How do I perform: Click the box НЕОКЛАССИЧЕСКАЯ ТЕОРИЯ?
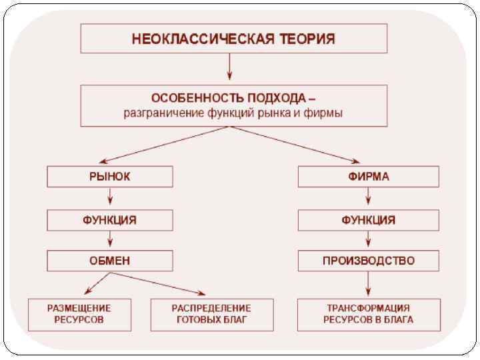click(233, 38)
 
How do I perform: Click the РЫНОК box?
click(110, 177)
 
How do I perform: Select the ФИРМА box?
click(368, 177)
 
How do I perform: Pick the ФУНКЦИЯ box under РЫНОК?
click(110, 220)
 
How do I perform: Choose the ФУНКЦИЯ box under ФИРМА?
click(368, 220)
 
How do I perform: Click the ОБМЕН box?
click(110, 261)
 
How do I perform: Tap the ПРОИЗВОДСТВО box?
click(368, 261)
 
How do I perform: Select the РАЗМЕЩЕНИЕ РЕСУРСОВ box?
click(79, 314)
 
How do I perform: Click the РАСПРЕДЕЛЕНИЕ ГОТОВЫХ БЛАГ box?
click(211, 314)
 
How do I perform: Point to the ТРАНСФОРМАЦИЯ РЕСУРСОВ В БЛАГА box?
click(368, 314)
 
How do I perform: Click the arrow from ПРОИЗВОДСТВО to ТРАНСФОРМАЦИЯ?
click(368, 285)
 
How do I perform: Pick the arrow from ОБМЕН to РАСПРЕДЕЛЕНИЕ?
click(160, 283)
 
